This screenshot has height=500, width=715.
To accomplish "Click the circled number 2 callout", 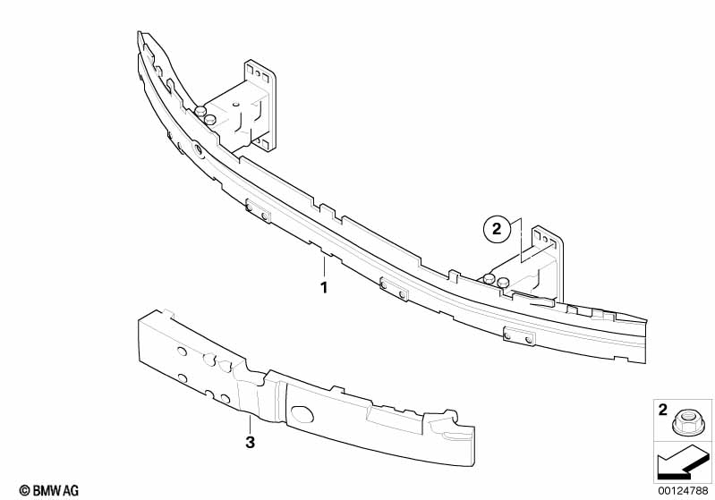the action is click(x=496, y=228).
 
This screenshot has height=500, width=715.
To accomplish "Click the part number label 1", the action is click(x=324, y=288).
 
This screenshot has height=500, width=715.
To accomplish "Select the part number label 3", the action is click(x=250, y=442).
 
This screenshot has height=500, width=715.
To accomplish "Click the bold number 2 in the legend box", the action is click(x=663, y=410).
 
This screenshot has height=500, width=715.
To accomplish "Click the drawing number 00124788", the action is click(x=683, y=490).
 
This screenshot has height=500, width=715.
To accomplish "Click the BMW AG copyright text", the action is click(x=49, y=490).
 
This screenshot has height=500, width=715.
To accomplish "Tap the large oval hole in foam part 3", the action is click(x=302, y=414).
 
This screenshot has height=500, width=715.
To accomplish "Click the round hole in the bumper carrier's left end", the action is click(x=199, y=149).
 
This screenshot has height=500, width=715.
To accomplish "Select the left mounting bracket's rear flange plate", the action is click(x=260, y=106).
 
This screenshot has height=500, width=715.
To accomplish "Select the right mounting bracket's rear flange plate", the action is click(x=549, y=264).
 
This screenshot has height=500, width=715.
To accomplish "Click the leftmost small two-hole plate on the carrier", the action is click(x=257, y=211).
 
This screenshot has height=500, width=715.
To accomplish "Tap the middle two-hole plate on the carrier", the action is click(x=394, y=289).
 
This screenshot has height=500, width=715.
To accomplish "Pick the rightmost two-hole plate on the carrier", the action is click(x=519, y=336).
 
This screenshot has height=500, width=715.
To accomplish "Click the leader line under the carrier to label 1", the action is click(x=324, y=267).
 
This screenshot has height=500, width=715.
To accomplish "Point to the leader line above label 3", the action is click(x=250, y=424).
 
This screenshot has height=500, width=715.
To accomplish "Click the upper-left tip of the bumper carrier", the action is click(x=139, y=32).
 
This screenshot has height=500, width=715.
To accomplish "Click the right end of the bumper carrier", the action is click(x=645, y=341).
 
